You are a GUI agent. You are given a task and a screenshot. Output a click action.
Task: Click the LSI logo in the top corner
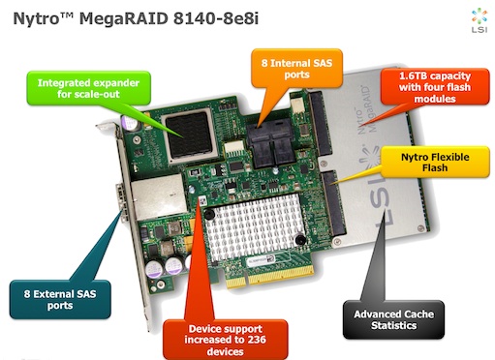(480, 20)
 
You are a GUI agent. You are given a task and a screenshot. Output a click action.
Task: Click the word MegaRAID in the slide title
(124, 19)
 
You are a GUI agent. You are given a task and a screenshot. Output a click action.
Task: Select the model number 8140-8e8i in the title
(216, 18)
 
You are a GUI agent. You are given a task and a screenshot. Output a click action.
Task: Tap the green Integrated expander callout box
(88, 88)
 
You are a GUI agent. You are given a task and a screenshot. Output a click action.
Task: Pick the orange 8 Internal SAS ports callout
(296, 69)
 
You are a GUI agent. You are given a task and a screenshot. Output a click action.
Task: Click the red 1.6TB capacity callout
(435, 87)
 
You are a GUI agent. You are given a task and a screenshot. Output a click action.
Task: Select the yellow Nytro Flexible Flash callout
(435, 162)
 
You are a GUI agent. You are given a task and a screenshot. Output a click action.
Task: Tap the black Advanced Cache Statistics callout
(393, 319)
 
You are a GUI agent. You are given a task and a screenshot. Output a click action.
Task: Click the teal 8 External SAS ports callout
(60, 300)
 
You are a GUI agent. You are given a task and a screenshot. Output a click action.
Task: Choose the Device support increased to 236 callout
(226, 340)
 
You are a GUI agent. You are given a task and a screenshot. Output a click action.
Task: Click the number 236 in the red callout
(257, 340)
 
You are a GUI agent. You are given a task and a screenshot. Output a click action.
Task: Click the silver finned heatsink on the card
(254, 226)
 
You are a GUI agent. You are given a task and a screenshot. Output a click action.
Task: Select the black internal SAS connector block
(272, 144)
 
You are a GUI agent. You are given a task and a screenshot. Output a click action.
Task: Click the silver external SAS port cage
(158, 196)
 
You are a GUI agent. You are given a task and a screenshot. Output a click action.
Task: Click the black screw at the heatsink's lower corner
(300, 239)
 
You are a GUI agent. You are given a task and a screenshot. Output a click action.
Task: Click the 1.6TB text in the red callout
(413, 76)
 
